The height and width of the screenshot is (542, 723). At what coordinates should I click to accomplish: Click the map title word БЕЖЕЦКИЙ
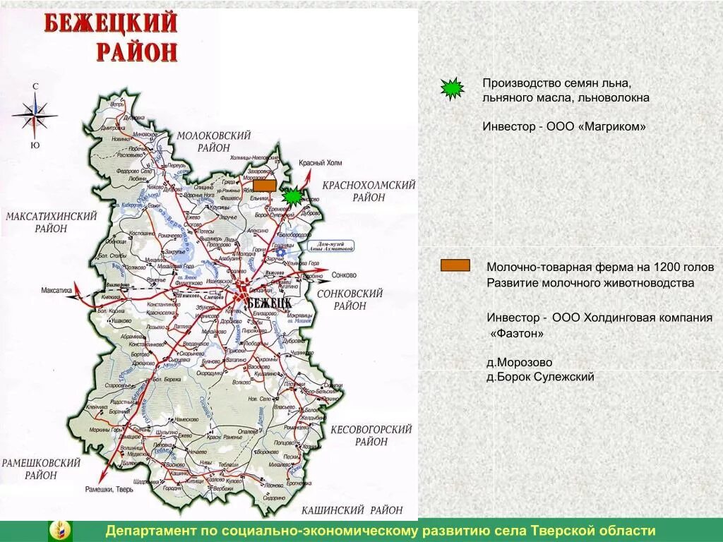(111, 23)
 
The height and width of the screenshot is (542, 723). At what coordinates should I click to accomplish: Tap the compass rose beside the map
(35, 112)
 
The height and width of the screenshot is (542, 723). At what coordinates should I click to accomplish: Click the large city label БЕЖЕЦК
(269, 301)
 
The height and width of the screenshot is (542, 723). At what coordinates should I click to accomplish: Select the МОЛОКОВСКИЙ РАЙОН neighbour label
(213, 141)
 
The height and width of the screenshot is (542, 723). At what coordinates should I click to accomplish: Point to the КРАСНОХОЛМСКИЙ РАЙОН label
(368, 191)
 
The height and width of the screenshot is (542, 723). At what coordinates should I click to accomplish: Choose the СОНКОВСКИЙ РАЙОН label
(350, 299)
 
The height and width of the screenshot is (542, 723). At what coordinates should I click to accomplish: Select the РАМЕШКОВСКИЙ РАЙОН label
(41, 469)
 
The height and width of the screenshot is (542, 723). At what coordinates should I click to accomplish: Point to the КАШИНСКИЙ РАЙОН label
(352, 510)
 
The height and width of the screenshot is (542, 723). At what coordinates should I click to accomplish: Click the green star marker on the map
(292, 196)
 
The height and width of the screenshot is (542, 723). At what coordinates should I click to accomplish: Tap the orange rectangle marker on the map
(264, 186)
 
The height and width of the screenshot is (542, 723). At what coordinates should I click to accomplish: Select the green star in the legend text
(452, 88)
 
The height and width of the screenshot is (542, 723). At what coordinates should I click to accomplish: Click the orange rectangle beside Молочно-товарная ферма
(455, 265)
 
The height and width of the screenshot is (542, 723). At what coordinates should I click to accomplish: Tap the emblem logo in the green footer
(59, 531)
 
